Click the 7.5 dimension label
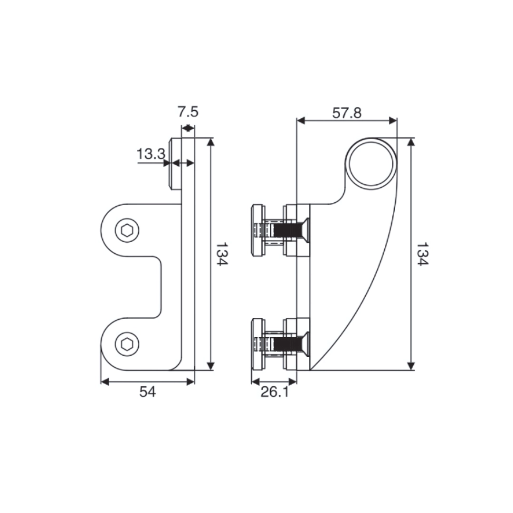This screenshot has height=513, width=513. click(188, 112)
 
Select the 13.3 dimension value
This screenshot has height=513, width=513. click(151, 154)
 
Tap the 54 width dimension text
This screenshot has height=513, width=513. click(147, 392)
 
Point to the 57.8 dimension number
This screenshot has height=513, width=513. click(347, 113)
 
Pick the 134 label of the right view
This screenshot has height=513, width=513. click(422, 254)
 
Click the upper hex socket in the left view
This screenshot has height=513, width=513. click(127, 231)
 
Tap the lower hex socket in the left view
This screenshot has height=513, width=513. click(127, 344)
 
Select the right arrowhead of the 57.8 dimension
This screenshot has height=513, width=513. click(393, 121)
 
